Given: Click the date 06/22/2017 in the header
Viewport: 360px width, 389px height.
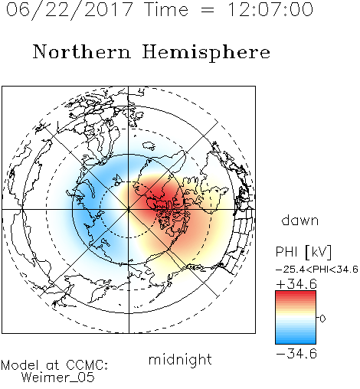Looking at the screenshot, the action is click(x=69, y=10).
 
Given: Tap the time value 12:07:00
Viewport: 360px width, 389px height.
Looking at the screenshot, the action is click(x=270, y=9).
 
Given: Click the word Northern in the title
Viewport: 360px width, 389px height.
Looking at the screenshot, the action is click(x=82, y=52).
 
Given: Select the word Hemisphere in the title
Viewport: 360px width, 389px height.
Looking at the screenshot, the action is click(x=206, y=53).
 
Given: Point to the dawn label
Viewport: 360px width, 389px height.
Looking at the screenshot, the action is click(x=300, y=220).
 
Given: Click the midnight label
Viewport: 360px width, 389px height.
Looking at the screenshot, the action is click(x=180, y=360).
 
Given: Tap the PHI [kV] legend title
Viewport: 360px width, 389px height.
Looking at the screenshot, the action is click(x=303, y=252).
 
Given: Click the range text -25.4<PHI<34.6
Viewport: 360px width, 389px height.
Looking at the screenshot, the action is click(x=317, y=270).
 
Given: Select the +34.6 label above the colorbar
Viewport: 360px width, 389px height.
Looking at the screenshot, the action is click(x=296, y=284).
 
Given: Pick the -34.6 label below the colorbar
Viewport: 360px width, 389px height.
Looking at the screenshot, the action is click(x=296, y=354).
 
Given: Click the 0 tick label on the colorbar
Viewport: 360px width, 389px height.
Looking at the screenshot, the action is click(x=322, y=319).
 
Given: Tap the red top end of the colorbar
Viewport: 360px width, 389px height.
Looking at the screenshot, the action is click(x=296, y=293).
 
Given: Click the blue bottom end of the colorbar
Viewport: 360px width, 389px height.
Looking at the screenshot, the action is click(x=296, y=342).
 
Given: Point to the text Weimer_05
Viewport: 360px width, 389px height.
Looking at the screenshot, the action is click(x=58, y=378).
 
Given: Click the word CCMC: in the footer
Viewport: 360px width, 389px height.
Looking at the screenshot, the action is click(x=87, y=365).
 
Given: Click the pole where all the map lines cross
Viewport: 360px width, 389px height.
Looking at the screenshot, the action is click(x=129, y=209).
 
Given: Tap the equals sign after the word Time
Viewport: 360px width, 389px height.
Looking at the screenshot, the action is click(x=207, y=10).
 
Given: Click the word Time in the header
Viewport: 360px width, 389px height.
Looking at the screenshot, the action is click(x=166, y=9).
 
